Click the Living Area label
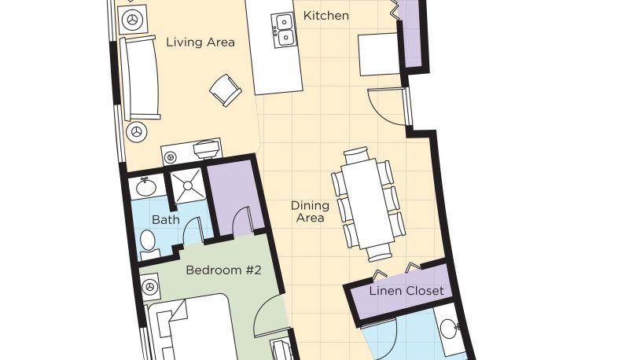click(x=200, y=42)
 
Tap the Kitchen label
click(x=326, y=16)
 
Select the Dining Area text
click(x=310, y=211)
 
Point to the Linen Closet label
click(x=406, y=291)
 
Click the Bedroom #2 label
click(x=223, y=270)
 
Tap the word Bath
click(x=166, y=219)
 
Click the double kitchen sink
click(x=284, y=30)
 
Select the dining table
click(x=368, y=204)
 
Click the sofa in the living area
click(x=141, y=78)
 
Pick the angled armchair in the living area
click(x=226, y=90)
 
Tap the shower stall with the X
click(x=188, y=186)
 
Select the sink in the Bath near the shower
click(x=146, y=186)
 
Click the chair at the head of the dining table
click(x=356, y=154)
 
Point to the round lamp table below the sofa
click(x=136, y=132)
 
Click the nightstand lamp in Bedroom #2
click(x=150, y=287)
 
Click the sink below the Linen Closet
click(x=449, y=329)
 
